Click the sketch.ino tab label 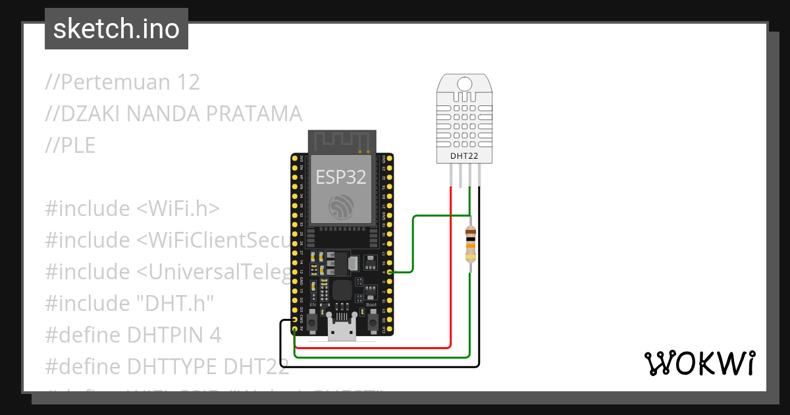(x=116, y=29)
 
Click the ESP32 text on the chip (x=340, y=177)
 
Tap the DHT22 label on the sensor (x=464, y=156)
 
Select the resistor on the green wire (x=470, y=244)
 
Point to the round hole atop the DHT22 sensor (x=465, y=84)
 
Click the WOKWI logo (x=698, y=363)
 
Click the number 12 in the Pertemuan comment (x=184, y=82)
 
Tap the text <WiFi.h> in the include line (x=178, y=209)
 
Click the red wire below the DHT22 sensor (x=450, y=263)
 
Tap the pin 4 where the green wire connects (x=390, y=271)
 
